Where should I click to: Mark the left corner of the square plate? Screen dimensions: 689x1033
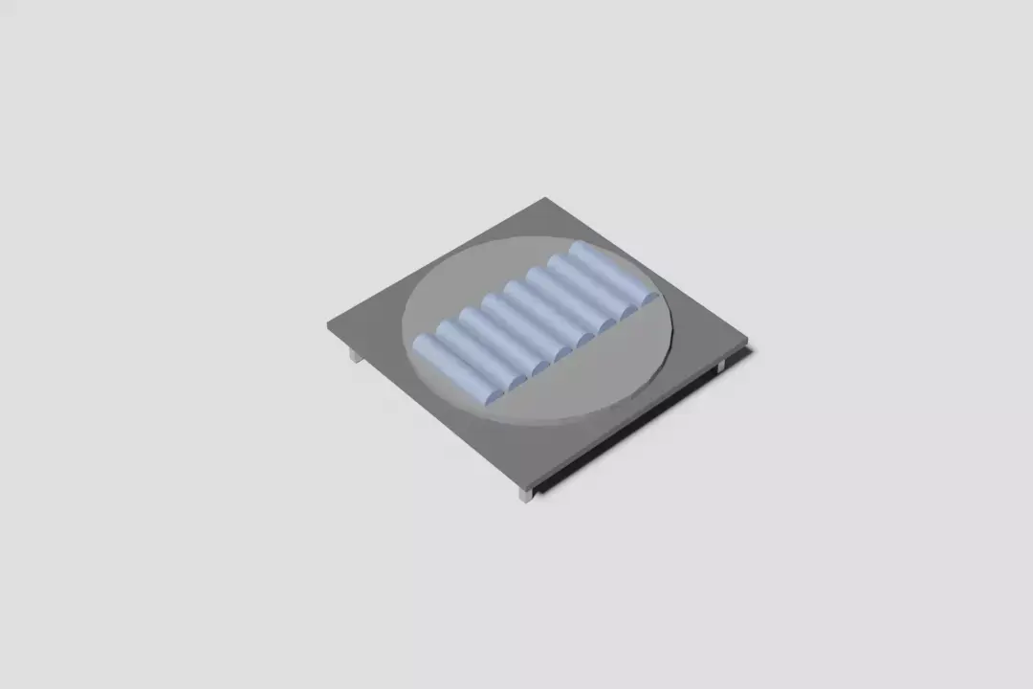click(x=329, y=325)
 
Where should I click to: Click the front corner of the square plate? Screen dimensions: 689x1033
click(x=527, y=483)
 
